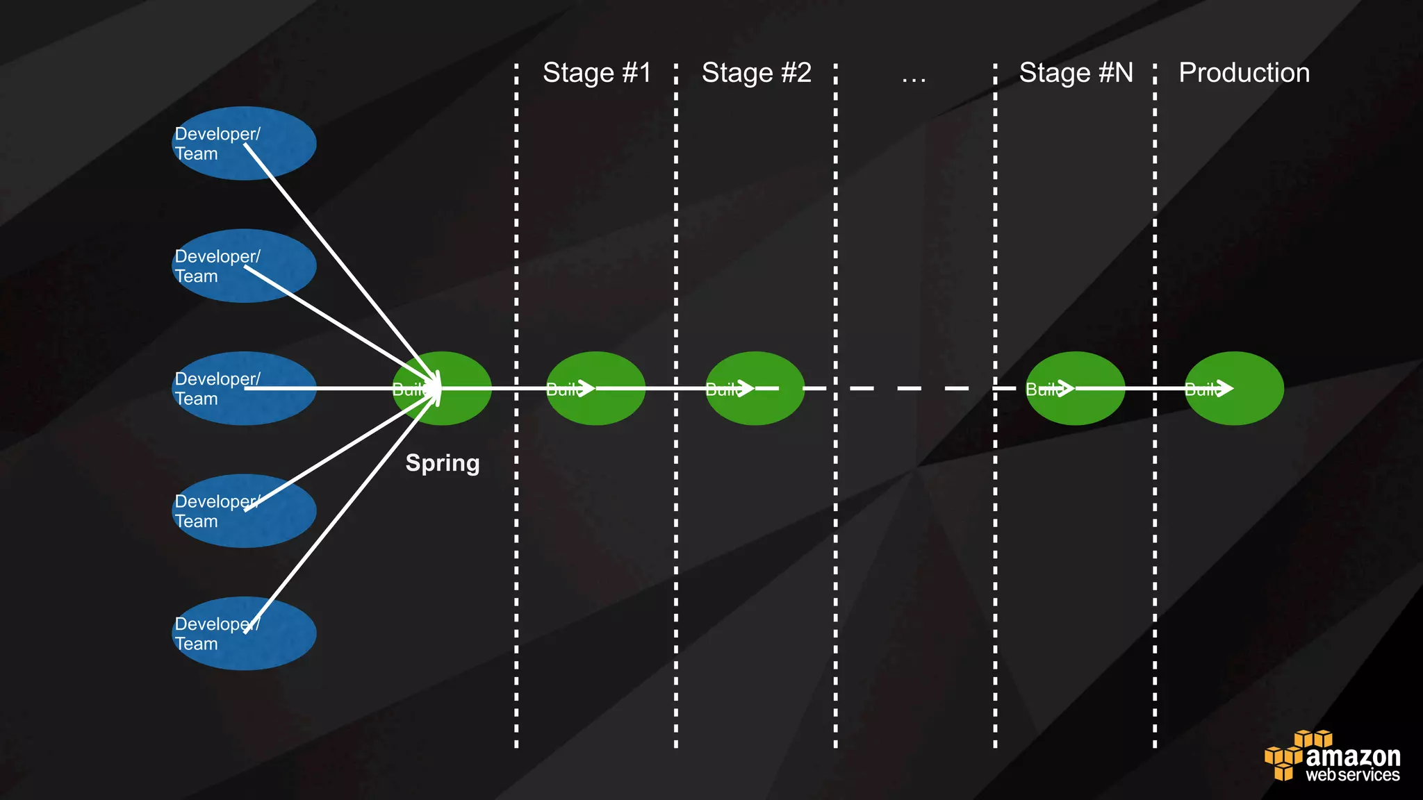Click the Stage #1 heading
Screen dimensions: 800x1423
(x=597, y=73)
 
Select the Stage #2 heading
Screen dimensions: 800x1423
(x=757, y=73)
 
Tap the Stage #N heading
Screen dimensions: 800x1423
(x=1076, y=73)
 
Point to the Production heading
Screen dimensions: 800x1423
(x=1244, y=73)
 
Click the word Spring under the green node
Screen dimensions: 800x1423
(x=443, y=463)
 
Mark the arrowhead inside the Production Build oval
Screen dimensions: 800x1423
(x=1226, y=388)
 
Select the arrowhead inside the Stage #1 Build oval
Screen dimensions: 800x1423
(x=586, y=388)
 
